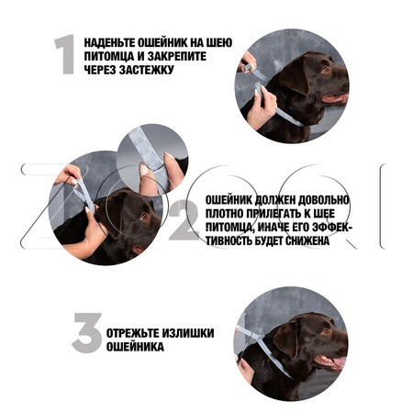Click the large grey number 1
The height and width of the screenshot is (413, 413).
65,54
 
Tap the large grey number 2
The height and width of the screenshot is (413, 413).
184,219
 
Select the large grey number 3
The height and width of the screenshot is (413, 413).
87,333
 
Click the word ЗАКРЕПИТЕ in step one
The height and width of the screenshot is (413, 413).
177,56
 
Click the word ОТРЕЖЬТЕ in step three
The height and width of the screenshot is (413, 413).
132,333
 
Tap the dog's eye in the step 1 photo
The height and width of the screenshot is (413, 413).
325,69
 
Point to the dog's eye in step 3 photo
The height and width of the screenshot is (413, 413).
326,330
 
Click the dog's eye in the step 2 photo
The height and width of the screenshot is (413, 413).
143,217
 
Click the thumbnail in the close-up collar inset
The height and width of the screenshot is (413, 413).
144,169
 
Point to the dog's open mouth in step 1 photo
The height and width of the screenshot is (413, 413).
336,98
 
